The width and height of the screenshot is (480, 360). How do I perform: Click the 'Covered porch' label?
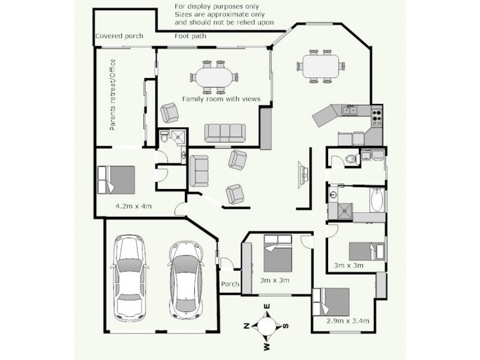pos(119,36)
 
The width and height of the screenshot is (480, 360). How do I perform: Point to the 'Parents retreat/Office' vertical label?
pos(112,95)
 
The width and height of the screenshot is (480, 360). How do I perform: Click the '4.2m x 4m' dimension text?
pos(133,206)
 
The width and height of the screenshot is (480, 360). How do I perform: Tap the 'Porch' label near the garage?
pos(231,284)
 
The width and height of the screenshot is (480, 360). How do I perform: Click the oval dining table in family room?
pos(214,77)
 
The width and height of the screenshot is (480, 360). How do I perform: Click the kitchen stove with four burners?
pos(377,115)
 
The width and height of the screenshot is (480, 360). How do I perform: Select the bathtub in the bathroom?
pos(377,200)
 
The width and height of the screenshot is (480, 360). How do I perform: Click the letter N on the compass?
pos(247,326)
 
